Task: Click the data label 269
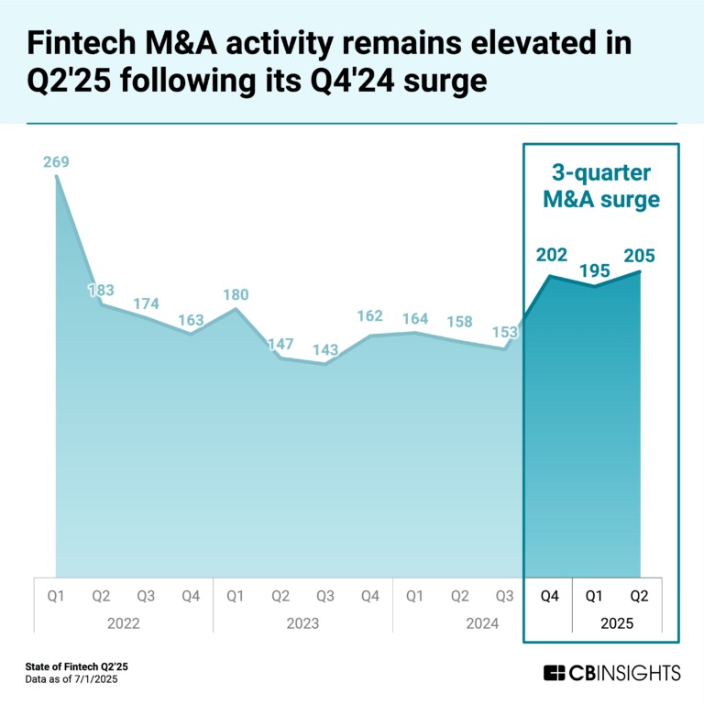point(56,163)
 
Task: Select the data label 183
point(101,291)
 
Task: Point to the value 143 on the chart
point(325,350)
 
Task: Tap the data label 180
point(236,295)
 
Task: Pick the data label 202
point(552,256)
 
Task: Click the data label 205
point(640,256)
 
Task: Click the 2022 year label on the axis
point(123,623)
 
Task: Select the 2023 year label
point(302,623)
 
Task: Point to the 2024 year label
point(482,623)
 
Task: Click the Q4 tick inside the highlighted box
point(550,597)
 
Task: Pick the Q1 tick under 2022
point(56,597)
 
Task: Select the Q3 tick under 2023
point(325,597)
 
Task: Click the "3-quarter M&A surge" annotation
point(600,186)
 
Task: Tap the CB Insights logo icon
point(554,674)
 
